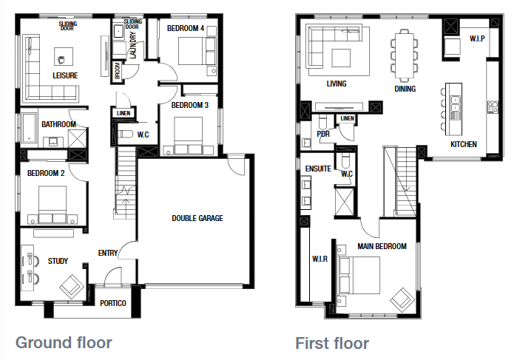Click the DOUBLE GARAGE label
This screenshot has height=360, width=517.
(x=197, y=218)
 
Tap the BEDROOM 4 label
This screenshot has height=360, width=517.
(x=185, y=28)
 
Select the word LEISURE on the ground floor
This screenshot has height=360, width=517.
(x=65, y=75)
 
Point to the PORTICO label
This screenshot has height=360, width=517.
(x=113, y=304)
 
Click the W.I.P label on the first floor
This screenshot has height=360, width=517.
(x=476, y=38)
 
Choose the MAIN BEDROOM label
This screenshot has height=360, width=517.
(x=382, y=246)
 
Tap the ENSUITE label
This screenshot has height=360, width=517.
(x=318, y=169)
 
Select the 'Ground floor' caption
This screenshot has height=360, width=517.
(x=64, y=342)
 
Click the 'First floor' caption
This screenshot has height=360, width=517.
(x=332, y=343)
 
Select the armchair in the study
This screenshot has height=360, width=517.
(x=72, y=285)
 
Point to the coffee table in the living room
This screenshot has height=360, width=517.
(x=340, y=58)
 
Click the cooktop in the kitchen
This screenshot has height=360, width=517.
(x=491, y=108)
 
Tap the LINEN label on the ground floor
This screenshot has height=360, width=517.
(x=123, y=112)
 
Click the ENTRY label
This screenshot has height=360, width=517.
(x=108, y=254)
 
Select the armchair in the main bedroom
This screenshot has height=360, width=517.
(x=402, y=299)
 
